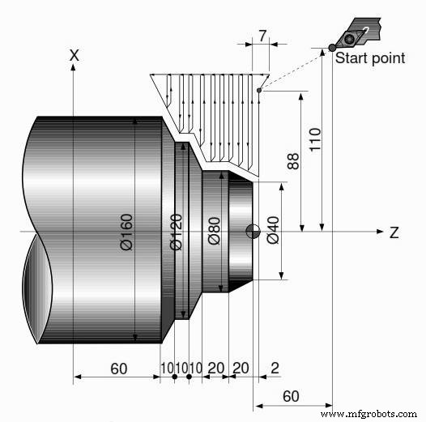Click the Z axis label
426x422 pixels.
point(394,232)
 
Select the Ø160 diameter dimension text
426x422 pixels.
point(126,232)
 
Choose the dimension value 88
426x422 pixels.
point(293,162)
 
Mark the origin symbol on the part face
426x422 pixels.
point(254,231)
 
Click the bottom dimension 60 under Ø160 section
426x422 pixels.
point(118,368)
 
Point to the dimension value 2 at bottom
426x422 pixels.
point(275,368)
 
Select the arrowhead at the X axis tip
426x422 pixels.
point(74,68)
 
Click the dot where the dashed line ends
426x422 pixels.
point(258,90)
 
